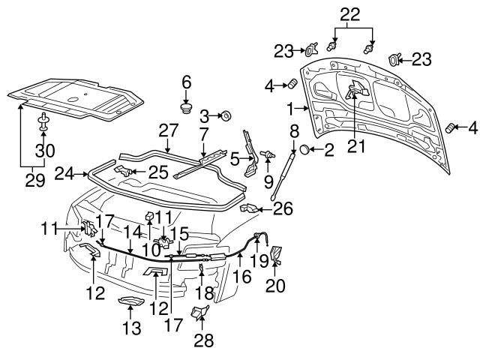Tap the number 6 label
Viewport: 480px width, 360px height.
point(187,82)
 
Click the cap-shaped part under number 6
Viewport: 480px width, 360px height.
point(187,109)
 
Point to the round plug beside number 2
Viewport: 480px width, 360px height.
point(305,151)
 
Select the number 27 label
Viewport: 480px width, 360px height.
point(167,130)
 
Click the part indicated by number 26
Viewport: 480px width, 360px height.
point(250,208)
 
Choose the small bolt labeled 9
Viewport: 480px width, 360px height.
point(266,154)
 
